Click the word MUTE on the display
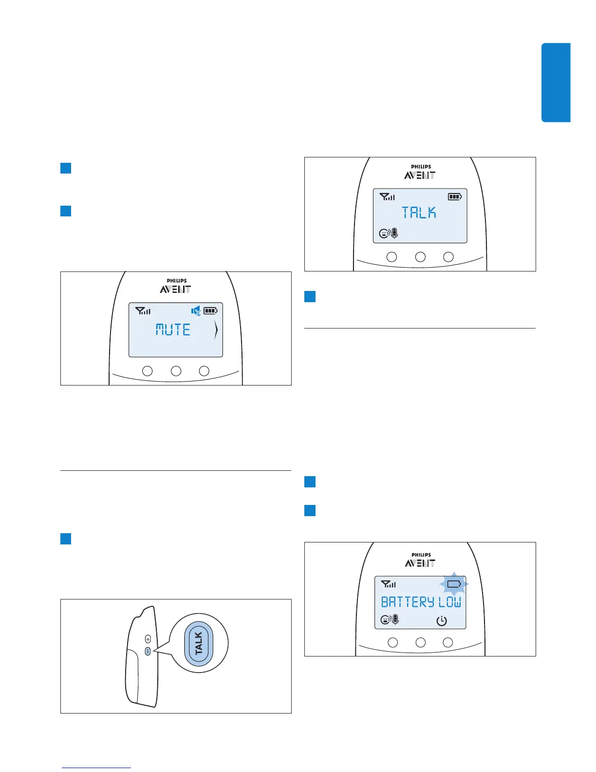[173, 330]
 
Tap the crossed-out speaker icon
[196, 310]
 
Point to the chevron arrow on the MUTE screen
[216, 331]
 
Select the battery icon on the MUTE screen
[210, 310]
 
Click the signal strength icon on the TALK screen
[387, 197]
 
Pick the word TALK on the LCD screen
[419, 212]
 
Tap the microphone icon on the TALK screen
[394, 233]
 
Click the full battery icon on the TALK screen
[455, 197]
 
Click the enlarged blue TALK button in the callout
[199, 643]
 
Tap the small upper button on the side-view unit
[148, 639]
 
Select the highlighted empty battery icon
[454, 584]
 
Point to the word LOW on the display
[449, 602]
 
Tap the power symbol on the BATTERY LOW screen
[441, 621]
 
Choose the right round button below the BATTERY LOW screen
[448, 642]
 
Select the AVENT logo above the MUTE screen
[175, 289]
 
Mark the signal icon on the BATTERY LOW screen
[388, 584]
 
